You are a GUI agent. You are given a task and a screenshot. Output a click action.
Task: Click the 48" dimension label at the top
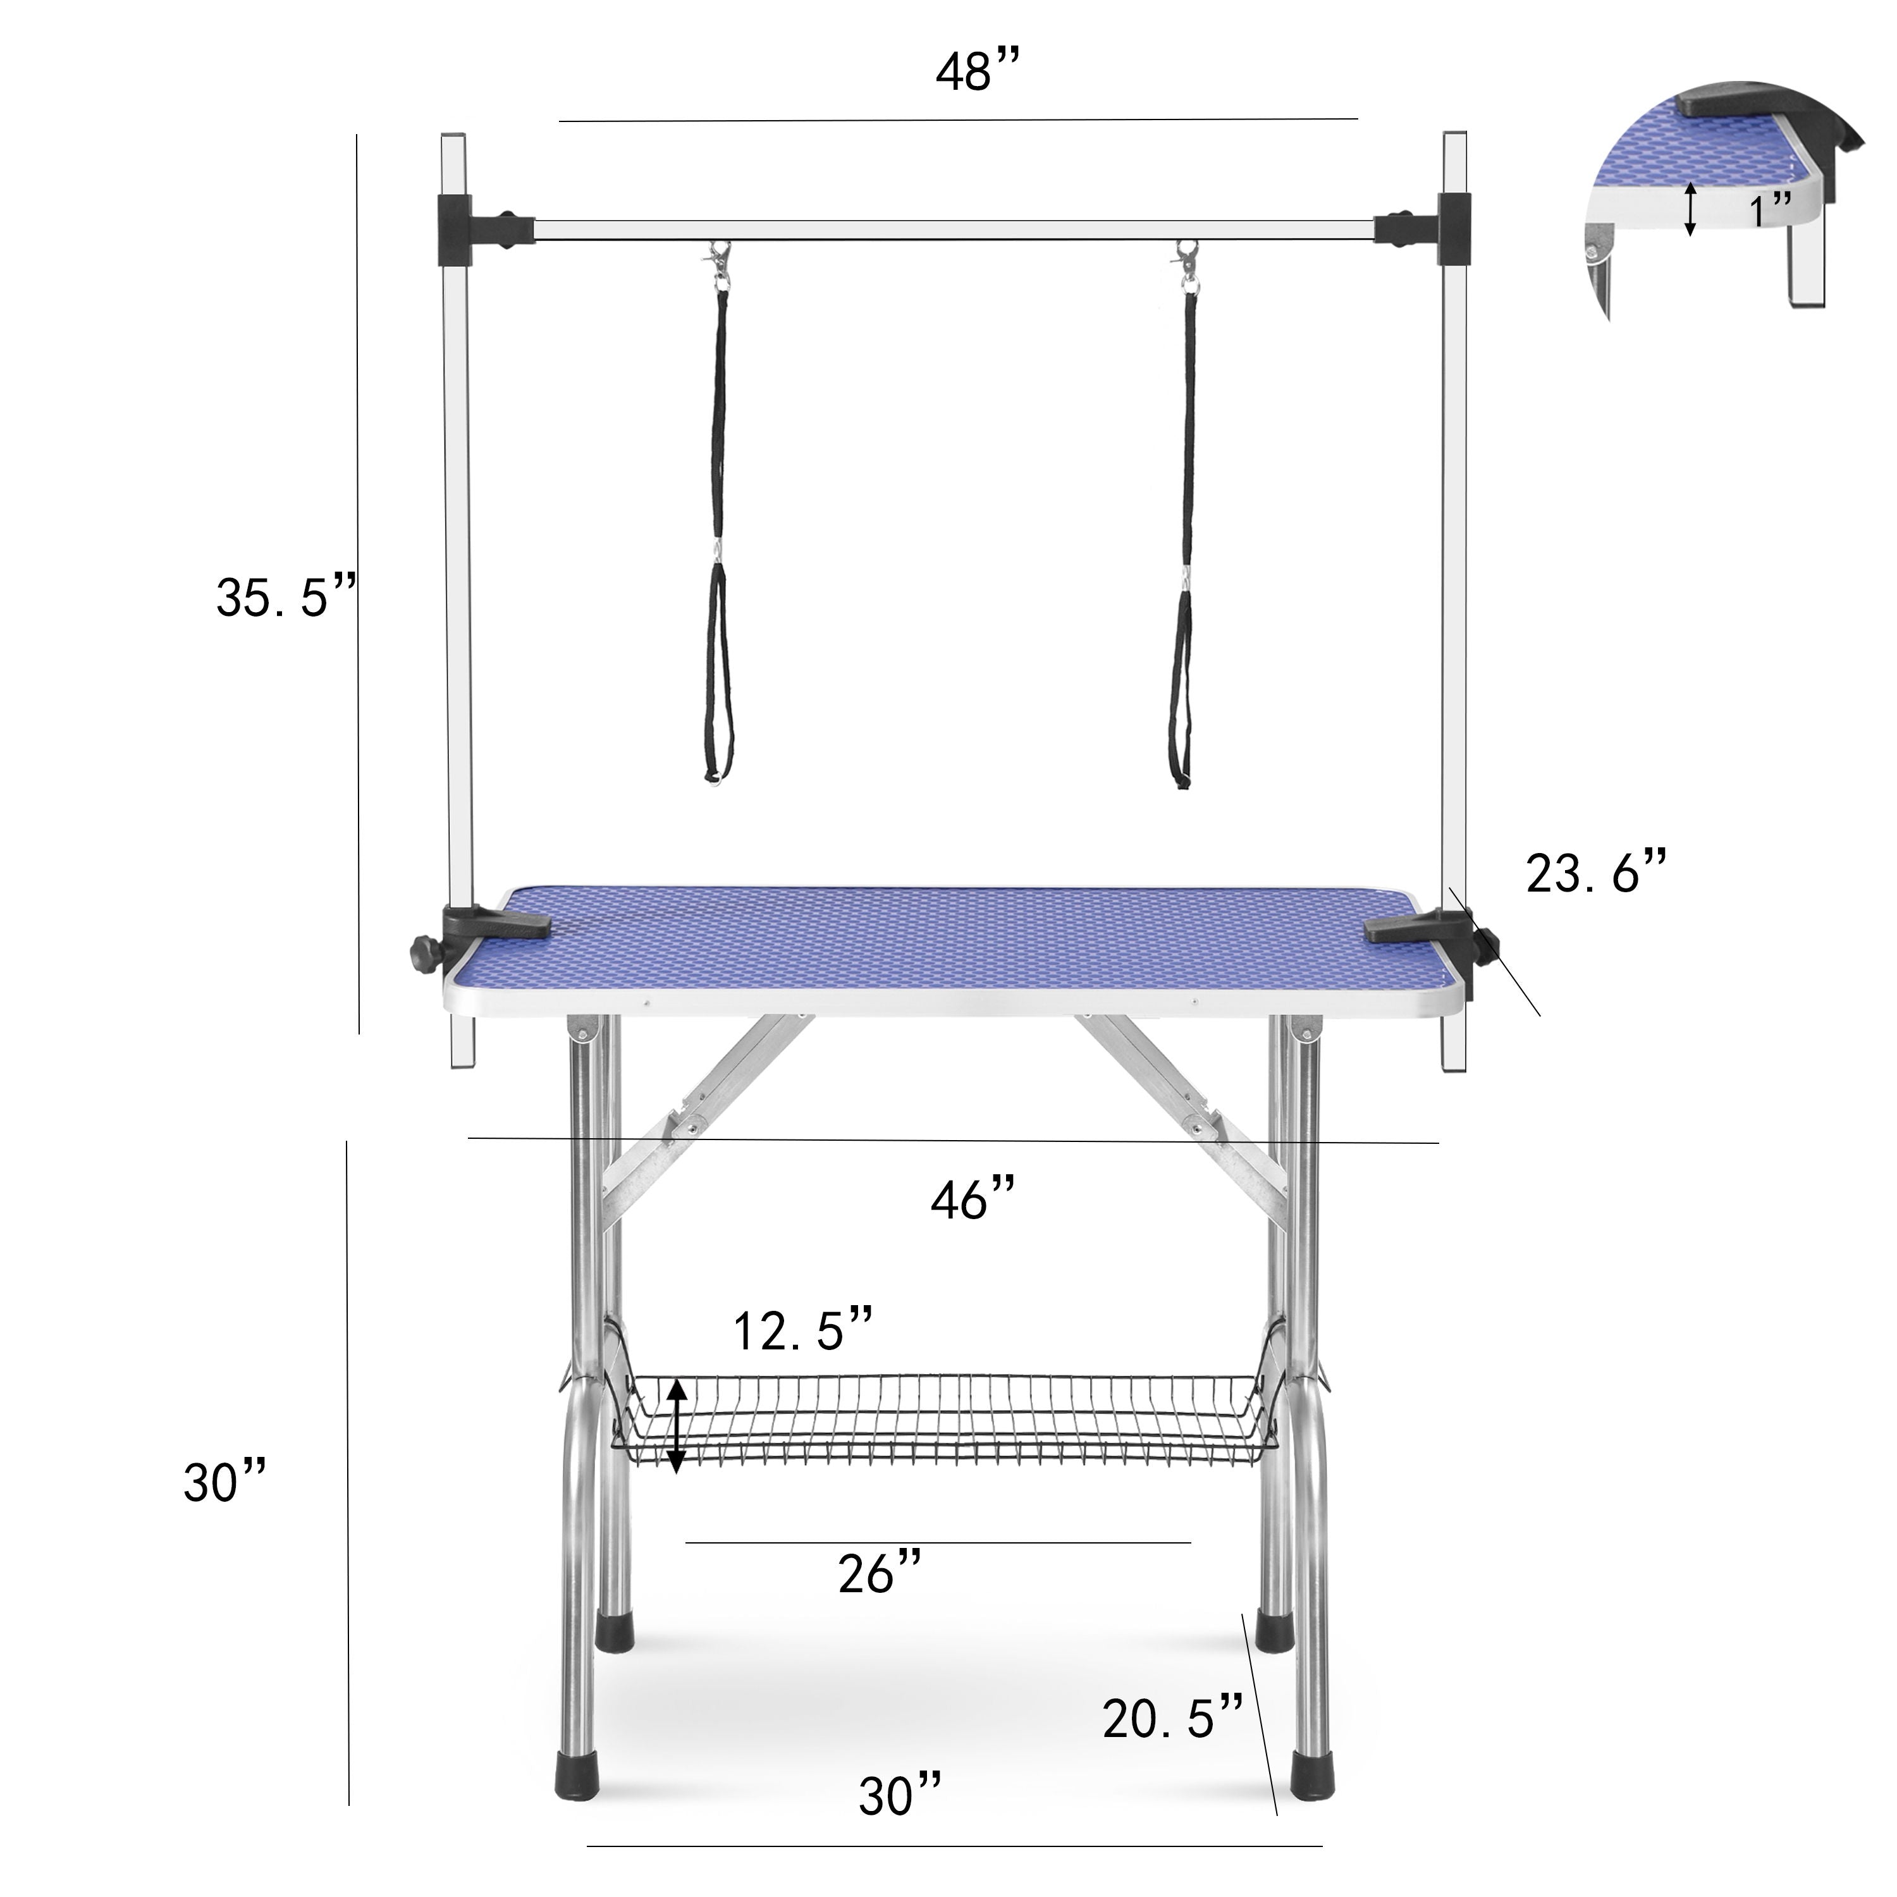point(977,73)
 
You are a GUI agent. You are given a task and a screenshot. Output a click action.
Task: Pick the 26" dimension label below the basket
point(879,1573)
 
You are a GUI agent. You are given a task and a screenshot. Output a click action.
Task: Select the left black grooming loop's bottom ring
point(715,778)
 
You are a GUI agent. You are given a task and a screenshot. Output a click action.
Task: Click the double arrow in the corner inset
point(1690,209)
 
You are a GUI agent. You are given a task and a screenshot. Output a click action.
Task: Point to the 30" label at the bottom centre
point(900,1795)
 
